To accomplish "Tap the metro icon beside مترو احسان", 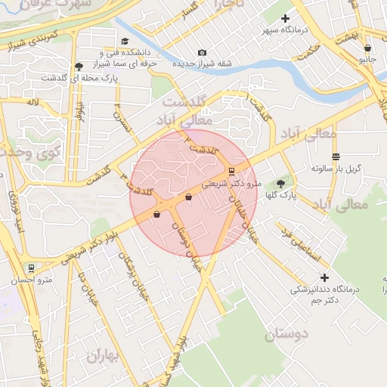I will coord(31,268).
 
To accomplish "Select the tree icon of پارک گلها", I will coord(281,183).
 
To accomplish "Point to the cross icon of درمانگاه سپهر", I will coord(285,18).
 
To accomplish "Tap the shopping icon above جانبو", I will coord(367,48).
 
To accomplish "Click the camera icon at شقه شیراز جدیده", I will coord(202,52).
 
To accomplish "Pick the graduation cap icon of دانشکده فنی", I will coord(125,42).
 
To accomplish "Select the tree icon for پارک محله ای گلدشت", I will coord(79,67).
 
